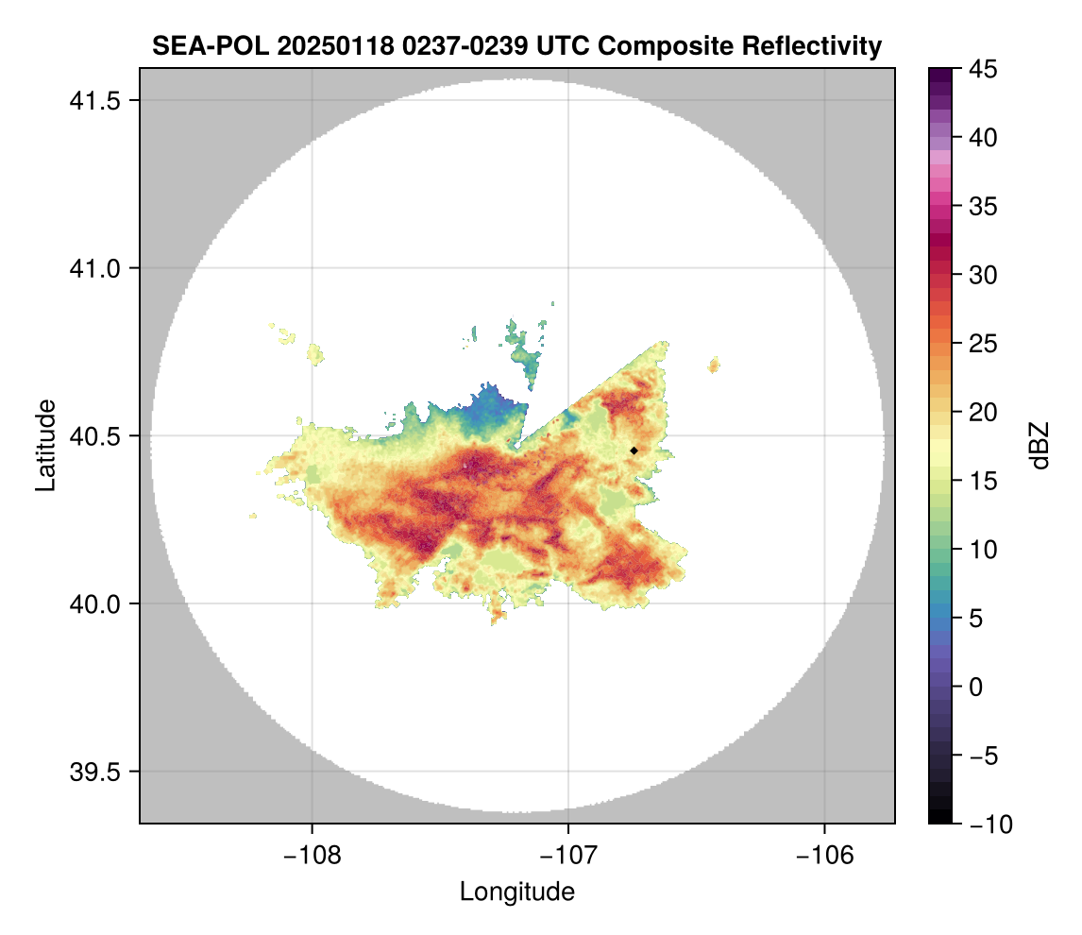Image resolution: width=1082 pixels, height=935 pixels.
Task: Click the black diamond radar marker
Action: pyautogui.click(x=634, y=450)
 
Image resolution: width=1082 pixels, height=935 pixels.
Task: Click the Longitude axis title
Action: pyautogui.click(x=516, y=891)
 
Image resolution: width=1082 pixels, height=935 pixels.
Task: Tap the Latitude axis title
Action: pyautogui.click(x=45, y=445)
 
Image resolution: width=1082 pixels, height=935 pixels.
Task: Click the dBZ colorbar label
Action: pyautogui.click(x=1040, y=446)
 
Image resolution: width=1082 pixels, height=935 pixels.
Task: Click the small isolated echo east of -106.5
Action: pyautogui.click(x=714, y=364)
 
